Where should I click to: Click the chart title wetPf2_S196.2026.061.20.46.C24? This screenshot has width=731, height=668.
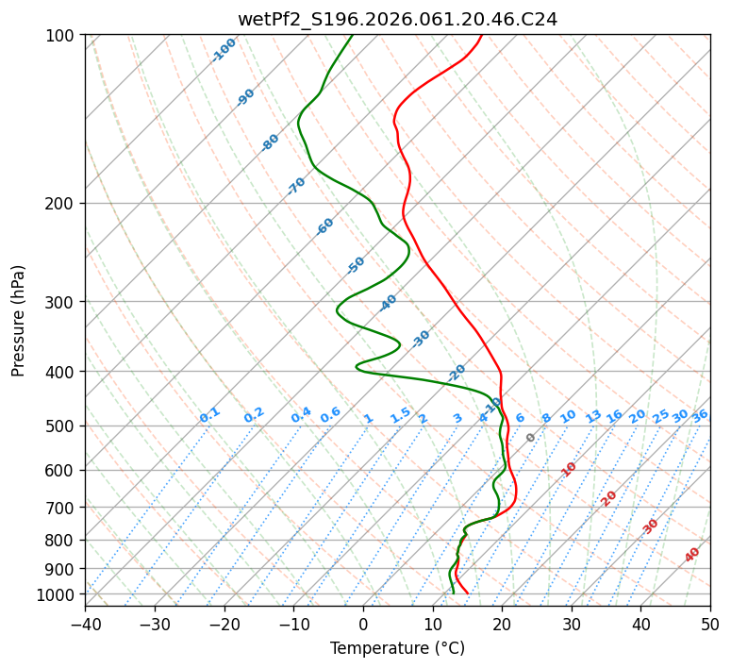pos(397,19)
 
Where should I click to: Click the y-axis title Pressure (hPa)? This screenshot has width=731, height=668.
pos(19,320)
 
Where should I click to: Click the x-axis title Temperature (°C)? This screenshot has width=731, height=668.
pos(397,648)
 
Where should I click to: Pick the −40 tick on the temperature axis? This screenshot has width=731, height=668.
pos(85,624)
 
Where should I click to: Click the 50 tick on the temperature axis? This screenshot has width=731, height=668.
pos(710,624)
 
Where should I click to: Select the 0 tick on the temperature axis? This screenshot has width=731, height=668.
pos(363,624)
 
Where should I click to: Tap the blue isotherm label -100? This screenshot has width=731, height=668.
pos(224,49)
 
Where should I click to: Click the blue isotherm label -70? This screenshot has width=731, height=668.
pos(296,186)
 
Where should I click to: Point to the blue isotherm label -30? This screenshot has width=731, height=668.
pos(421,339)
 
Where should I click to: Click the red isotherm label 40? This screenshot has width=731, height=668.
pos(692,555)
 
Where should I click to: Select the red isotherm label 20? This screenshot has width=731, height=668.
pos(609,497)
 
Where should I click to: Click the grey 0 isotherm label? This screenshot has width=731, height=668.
pos(531,438)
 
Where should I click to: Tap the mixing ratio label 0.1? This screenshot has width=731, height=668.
pos(209,415)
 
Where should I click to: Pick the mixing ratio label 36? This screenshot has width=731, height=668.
pos(700,415)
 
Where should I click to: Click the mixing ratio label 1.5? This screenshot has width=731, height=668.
pos(401,415)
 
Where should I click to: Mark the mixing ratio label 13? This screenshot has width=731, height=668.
pos(593,416)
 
